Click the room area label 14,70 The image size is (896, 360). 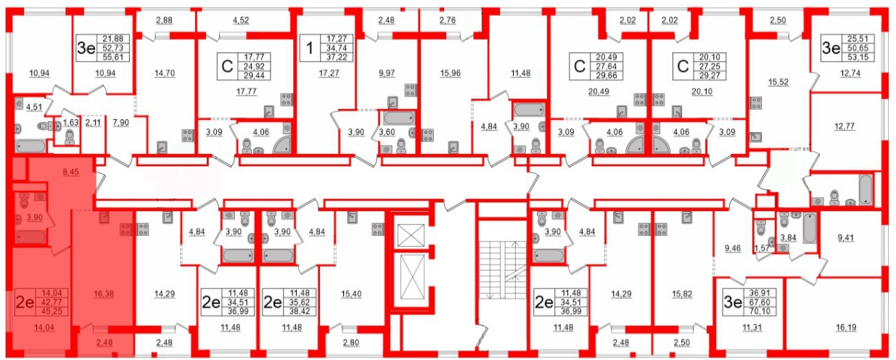(165, 73)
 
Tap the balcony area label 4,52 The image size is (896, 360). (241, 20)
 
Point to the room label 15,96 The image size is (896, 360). (451, 73)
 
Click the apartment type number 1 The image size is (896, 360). (309, 48)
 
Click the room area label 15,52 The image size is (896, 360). (778, 82)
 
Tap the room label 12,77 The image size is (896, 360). (844, 126)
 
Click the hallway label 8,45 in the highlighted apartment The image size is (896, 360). (71, 172)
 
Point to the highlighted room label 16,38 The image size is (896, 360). (104, 294)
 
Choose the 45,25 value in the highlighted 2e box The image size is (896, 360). (52, 311)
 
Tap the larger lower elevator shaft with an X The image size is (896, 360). (412, 277)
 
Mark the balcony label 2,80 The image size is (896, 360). (351, 343)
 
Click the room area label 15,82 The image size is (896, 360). (682, 294)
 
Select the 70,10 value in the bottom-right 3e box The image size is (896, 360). (760, 311)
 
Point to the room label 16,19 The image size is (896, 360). (846, 327)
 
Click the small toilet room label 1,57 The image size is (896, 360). (762, 248)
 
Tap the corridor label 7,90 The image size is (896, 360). (121, 123)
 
